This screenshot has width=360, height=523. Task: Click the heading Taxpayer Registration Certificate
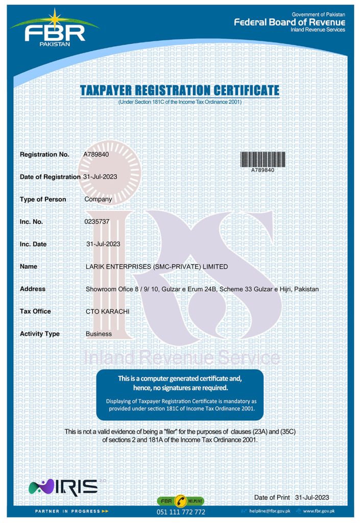click(180, 91)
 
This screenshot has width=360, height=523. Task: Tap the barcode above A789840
click(262, 158)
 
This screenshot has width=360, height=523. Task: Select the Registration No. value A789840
click(96, 154)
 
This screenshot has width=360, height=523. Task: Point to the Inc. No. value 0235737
click(96, 222)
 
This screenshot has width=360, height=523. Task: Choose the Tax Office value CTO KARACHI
click(107, 311)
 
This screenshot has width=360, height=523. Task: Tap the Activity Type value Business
click(99, 334)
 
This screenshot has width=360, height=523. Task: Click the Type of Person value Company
click(98, 199)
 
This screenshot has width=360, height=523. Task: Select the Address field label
click(33, 289)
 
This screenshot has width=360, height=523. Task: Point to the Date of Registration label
click(50, 177)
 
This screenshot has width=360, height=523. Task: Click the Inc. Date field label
click(33, 244)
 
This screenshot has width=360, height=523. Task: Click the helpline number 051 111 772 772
click(181, 512)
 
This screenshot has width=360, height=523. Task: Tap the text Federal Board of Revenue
click(290, 22)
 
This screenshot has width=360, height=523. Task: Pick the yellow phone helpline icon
click(181, 501)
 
